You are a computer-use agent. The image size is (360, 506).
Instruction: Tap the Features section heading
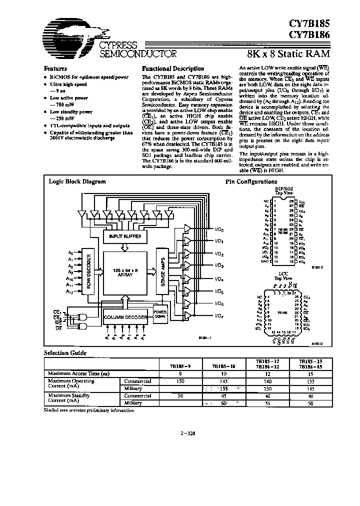55,68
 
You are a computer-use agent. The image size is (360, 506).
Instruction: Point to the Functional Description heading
173,68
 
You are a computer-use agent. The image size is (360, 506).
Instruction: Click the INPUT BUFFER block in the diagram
125,235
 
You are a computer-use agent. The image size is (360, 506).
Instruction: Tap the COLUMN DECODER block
125,317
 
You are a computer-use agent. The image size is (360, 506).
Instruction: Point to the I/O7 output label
218,316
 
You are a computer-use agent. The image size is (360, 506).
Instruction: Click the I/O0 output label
218,229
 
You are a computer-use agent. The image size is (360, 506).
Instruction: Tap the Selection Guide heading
65,353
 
